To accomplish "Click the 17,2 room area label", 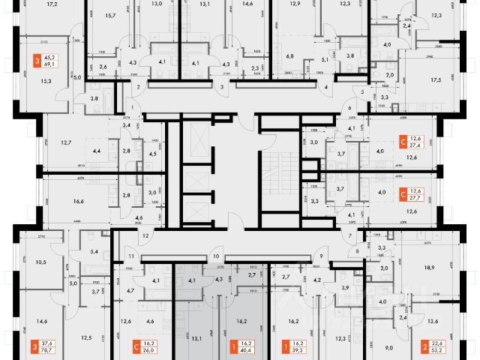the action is point(52,4).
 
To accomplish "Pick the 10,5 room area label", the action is point(40,262).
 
